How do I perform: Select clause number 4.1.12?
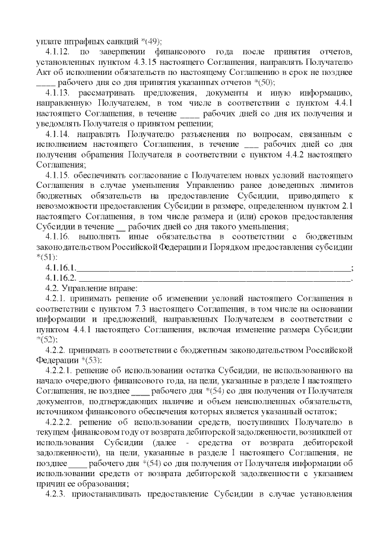(59, 52)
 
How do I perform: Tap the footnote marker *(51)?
(47, 259)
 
